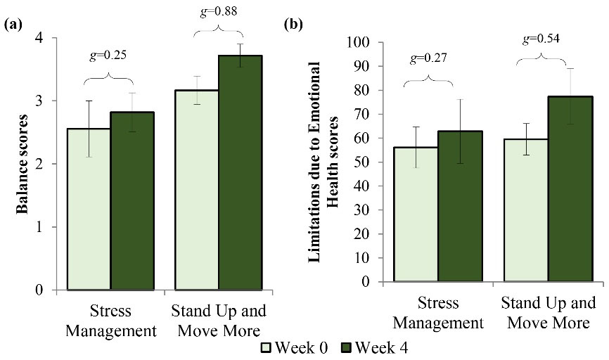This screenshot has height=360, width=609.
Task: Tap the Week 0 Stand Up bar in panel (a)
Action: [197, 190]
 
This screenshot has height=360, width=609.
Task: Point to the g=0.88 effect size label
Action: [219, 11]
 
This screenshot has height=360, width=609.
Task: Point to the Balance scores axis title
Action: [21, 163]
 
